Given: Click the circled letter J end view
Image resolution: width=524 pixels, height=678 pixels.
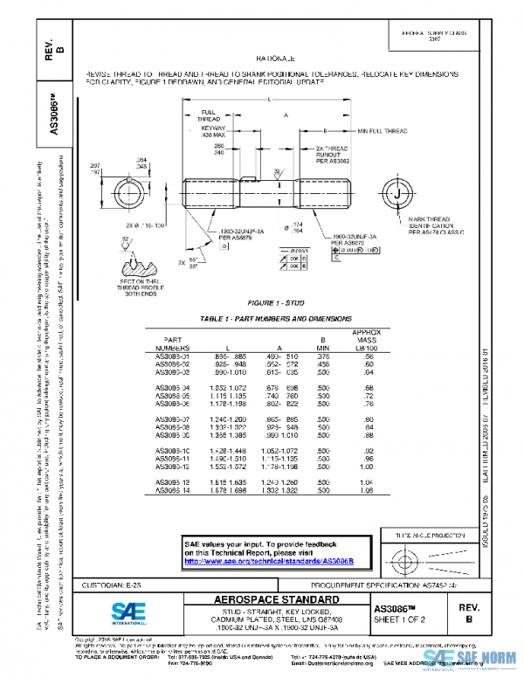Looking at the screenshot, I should (397, 192).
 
